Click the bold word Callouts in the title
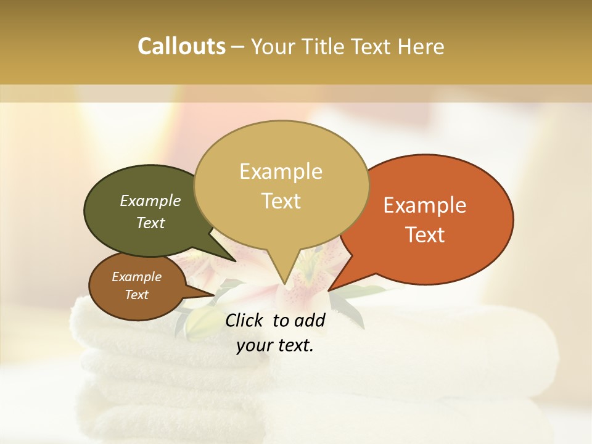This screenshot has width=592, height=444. pos(181,47)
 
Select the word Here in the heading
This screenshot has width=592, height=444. pos(421,47)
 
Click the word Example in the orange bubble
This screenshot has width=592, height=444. pos(425,205)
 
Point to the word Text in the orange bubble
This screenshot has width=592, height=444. pos(425,235)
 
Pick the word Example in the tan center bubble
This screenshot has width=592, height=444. pos(281,171)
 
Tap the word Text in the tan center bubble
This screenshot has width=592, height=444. pos(281,201)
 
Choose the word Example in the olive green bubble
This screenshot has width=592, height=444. pos(150,201)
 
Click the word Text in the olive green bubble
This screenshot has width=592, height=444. pos(150,223)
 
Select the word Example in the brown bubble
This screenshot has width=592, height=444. pos(136,277)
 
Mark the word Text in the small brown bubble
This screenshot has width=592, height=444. pos(136,295)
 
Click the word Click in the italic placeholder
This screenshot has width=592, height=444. pos(245,320)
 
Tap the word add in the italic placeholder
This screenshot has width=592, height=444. pos(310,320)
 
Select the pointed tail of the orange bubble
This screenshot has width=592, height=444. pos(333,287)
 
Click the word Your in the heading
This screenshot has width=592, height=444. pos(276,47)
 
